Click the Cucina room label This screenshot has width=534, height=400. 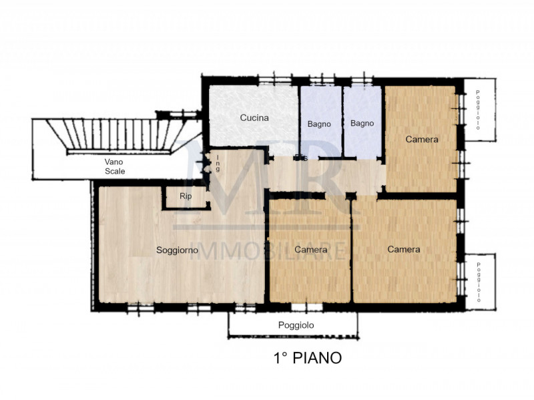point(254,118)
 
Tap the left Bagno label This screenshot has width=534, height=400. point(319,124)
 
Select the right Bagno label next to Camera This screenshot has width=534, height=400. point(362,123)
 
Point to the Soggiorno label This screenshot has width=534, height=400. point(177,250)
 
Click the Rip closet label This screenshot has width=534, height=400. point(185,196)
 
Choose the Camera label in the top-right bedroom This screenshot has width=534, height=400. point(422,140)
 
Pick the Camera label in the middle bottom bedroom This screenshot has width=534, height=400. point(310,250)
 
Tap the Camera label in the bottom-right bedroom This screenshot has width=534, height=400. point(404,249)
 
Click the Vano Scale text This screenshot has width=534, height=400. point(114,166)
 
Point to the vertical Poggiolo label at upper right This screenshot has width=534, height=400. point(479,110)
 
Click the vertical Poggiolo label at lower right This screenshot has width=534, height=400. point(479,280)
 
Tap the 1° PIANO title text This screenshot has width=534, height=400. point(308,358)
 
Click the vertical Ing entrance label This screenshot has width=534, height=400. point(218,163)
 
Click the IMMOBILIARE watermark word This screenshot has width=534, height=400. point(270,250)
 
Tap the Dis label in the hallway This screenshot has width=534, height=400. point(302,158)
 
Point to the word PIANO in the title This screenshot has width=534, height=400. point(319,358)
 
